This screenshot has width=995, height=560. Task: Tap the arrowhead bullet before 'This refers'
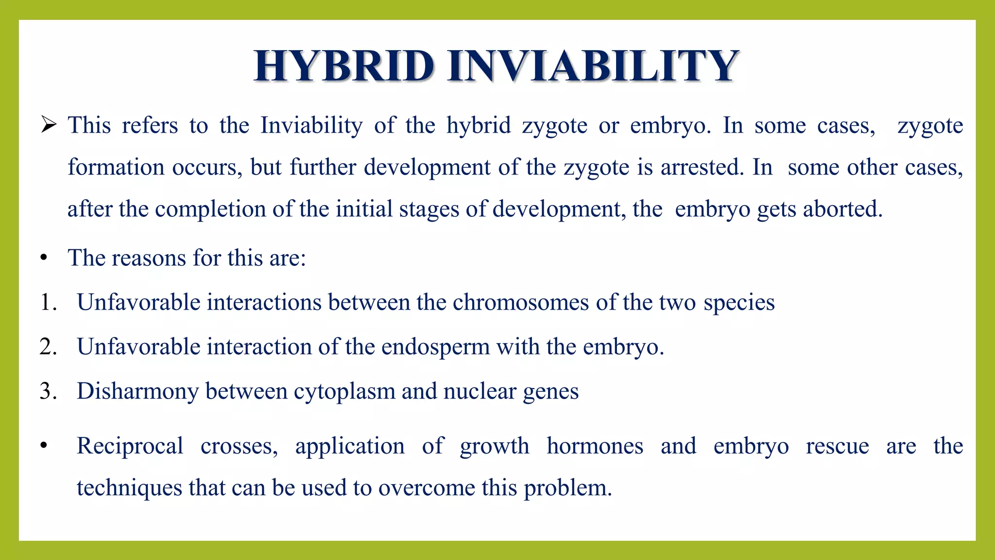49,125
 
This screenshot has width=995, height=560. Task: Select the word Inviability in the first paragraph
311,125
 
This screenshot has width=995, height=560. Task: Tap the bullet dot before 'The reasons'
44,258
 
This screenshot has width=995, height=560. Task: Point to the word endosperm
436,347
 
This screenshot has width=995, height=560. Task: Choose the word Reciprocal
130,446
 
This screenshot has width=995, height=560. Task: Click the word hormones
595,446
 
